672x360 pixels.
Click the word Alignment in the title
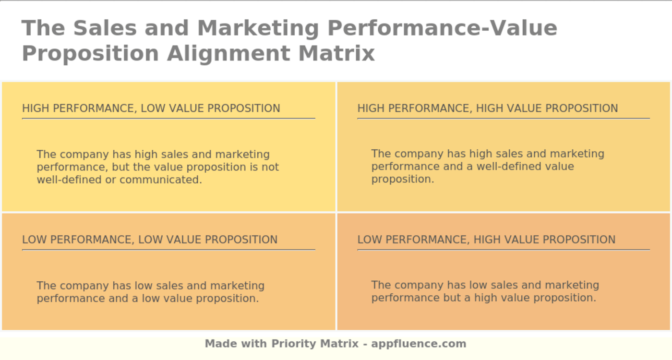click(228, 53)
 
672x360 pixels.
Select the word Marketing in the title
click(258, 28)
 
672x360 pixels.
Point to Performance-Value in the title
click(442, 28)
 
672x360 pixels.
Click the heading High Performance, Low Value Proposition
click(151, 108)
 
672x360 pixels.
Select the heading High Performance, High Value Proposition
click(488, 108)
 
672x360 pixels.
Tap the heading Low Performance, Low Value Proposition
click(150, 240)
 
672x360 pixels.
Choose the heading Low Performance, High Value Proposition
click(486, 240)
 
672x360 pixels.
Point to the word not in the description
click(270, 167)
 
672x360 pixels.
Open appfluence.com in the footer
click(419, 344)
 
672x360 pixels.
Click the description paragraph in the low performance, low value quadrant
click(150, 292)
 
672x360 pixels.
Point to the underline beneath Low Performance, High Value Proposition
click(504, 250)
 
